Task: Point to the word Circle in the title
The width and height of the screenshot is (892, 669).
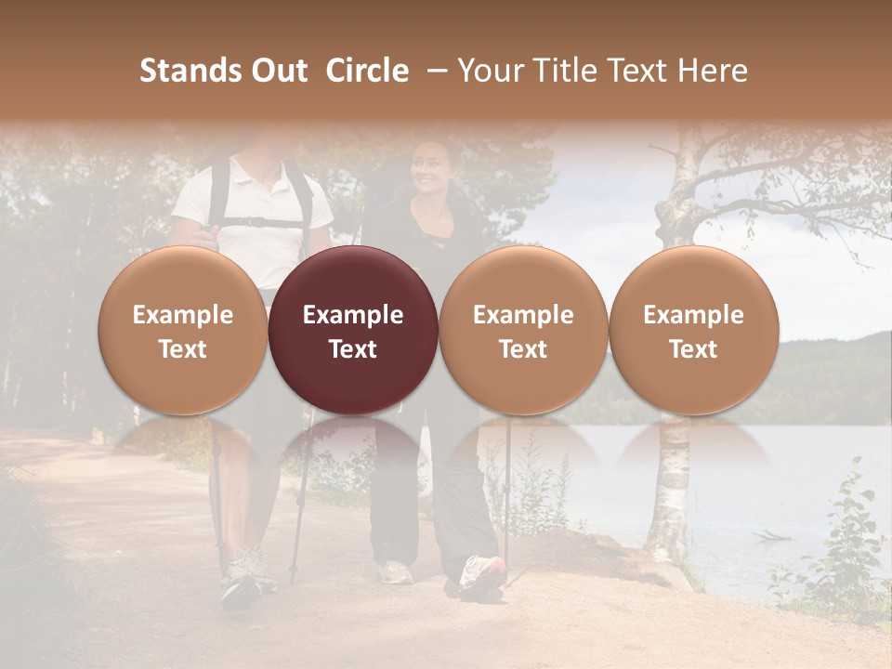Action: click(x=367, y=71)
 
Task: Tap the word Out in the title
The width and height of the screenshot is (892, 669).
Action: click(x=278, y=71)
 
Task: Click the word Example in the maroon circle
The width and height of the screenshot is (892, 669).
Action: click(x=353, y=315)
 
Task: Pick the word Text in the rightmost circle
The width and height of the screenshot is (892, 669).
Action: click(x=693, y=349)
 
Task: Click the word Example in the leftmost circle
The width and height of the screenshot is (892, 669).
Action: click(x=183, y=315)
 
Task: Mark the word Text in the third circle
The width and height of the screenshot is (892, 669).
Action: click(x=523, y=349)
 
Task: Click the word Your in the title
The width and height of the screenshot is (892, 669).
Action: click(x=491, y=71)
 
